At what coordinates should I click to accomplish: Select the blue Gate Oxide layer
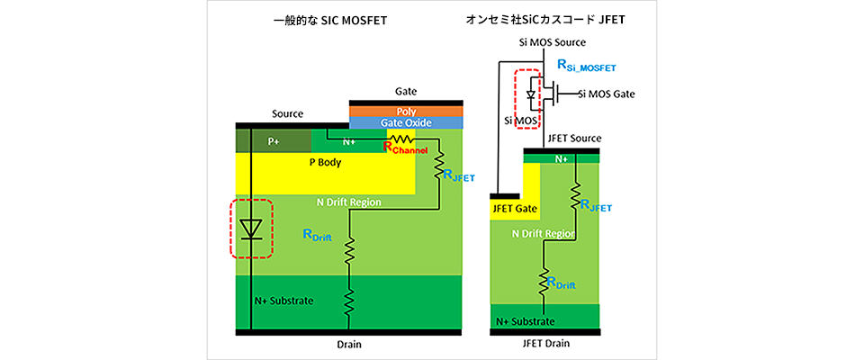[x=406, y=122]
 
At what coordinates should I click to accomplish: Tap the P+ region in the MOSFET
[x=273, y=140]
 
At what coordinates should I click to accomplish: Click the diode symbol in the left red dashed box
[x=253, y=229]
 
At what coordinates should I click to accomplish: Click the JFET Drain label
[x=546, y=343]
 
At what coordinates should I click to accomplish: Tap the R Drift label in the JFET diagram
[x=559, y=283]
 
